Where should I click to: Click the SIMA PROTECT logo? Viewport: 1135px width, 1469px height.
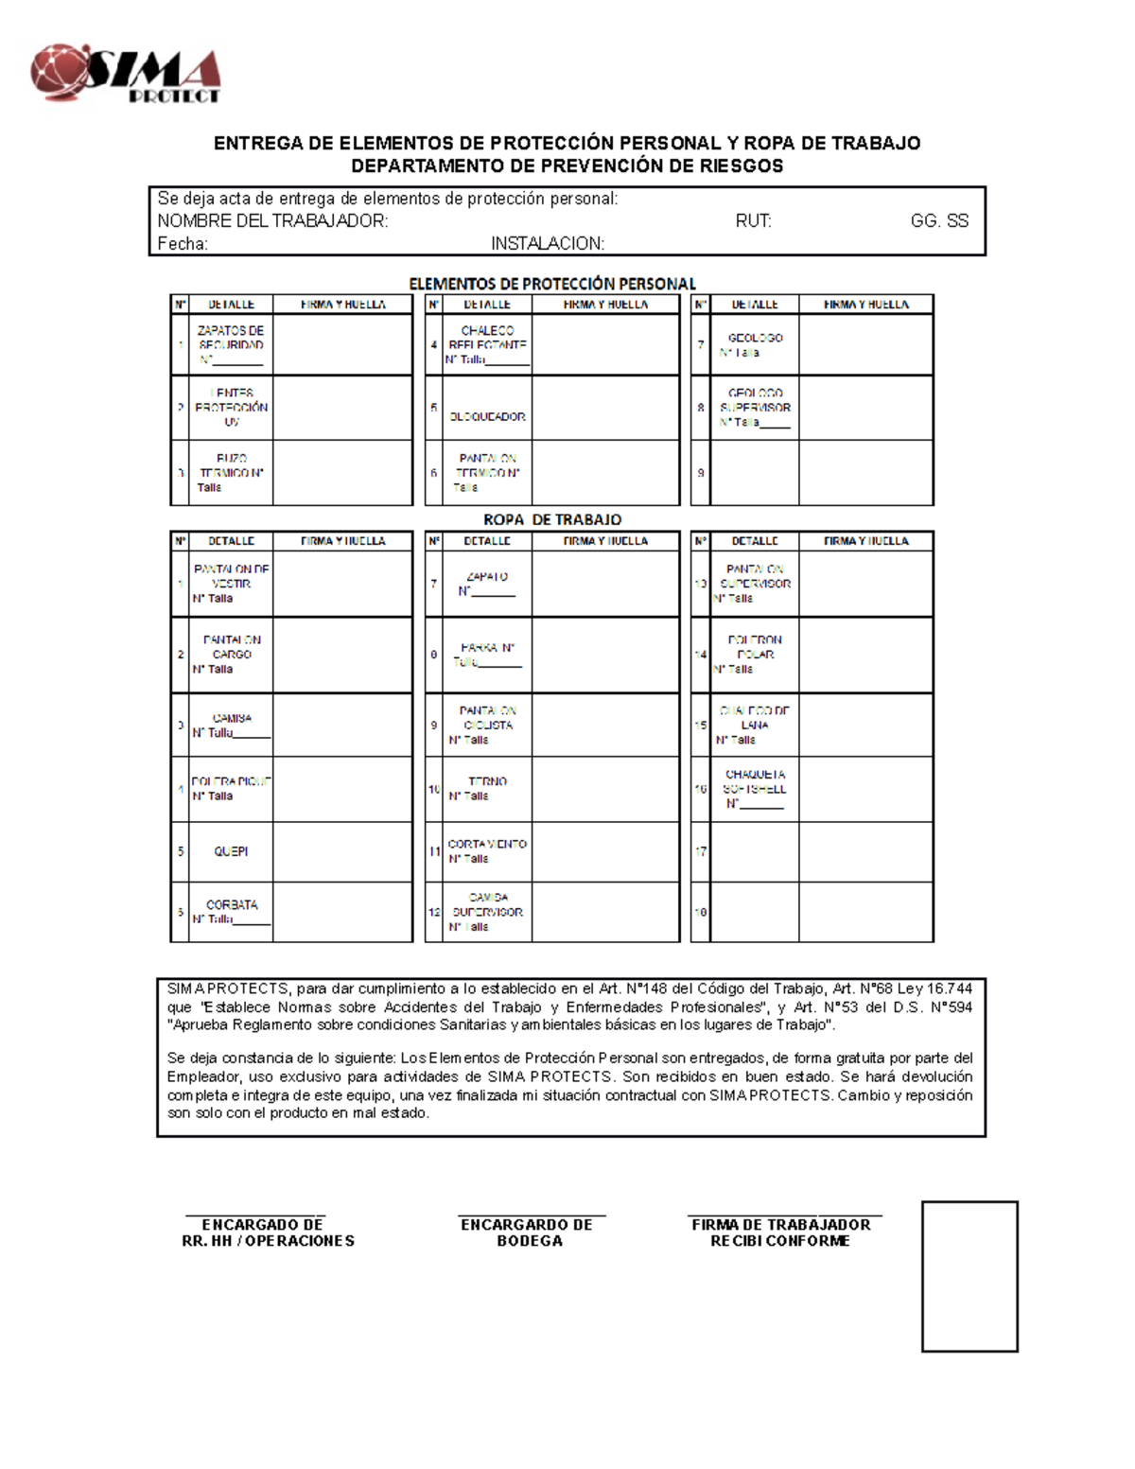(x=126, y=73)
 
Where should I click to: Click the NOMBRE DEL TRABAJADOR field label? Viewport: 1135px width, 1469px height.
(x=272, y=221)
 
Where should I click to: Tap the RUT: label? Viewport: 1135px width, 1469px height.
(x=753, y=221)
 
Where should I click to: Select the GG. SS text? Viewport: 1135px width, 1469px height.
(x=938, y=221)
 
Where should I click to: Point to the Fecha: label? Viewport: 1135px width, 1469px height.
(x=183, y=244)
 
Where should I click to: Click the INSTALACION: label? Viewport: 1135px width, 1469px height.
(x=547, y=244)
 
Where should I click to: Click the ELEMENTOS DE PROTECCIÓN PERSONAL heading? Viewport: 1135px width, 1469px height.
(x=551, y=284)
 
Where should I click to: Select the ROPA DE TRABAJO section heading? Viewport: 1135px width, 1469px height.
(x=551, y=519)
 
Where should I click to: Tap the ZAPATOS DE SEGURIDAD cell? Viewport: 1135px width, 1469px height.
(x=231, y=345)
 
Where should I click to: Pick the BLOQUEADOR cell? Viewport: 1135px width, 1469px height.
(x=487, y=416)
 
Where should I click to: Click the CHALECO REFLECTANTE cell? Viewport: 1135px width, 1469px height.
(x=487, y=345)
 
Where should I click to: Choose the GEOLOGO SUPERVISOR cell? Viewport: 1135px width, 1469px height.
(x=755, y=408)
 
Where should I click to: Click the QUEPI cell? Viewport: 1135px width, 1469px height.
(x=231, y=851)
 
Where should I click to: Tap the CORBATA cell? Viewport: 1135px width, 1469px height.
(x=231, y=912)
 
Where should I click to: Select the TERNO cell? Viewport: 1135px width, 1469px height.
(x=487, y=789)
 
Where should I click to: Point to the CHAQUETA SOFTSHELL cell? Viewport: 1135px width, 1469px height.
(x=755, y=789)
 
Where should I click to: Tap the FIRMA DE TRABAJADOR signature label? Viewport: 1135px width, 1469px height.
(x=780, y=1233)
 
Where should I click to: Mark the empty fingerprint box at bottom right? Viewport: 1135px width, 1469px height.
(x=969, y=1276)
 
